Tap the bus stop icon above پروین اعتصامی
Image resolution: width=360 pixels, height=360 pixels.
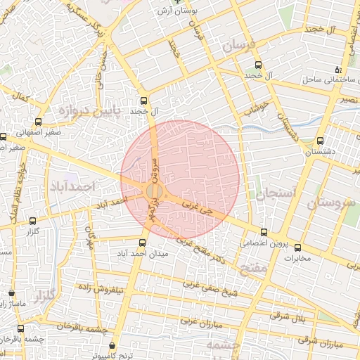click(264, 232)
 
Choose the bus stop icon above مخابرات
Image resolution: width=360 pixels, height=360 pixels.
click(297, 247)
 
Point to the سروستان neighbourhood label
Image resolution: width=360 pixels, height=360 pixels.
click(329, 204)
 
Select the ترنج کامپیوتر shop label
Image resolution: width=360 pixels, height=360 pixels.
click(115, 356)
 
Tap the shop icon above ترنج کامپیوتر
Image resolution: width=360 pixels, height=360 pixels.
click(114, 345)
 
